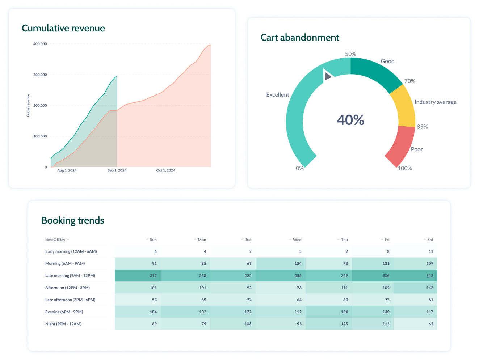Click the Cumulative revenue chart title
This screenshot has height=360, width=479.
pyautogui.click(x=63, y=28)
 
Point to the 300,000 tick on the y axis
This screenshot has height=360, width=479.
pyautogui.click(x=40, y=75)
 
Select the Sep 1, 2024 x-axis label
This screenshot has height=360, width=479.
pyautogui.click(x=117, y=170)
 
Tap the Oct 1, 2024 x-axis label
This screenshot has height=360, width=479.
pyautogui.click(x=165, y=170)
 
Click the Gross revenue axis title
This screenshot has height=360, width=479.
pyautogui.click(x=28, y=105)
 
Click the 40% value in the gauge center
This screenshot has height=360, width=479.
pyautogui.click(x=350, y=120)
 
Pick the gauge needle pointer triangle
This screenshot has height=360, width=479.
pyautogui.click(x=328, y=76)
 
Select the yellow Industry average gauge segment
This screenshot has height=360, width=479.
pyautogui.click(x=403, y=107)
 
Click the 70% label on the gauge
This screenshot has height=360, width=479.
pyautogui.click(x=410, y=81)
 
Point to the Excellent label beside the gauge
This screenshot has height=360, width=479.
pyautogui.click(x=278, y=95)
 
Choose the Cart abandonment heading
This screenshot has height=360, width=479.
pyautogui.click(x=300, y=38)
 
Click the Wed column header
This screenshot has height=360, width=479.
pyautogui.click(x=297, y=240)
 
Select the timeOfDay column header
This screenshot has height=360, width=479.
pyautogui.click(x=55, y=240)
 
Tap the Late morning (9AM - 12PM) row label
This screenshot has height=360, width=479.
pyautogui.click(x=70, y=276)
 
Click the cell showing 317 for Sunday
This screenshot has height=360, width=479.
pyautogui.click(x=153, y=276)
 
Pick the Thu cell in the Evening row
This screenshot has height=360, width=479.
pyautogui.click(x=344, y=312)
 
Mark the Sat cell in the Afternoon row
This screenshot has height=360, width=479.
pyautogui.click(x=429, y=288)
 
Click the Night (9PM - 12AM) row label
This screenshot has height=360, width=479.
pyautogui.click(x=63, y=324)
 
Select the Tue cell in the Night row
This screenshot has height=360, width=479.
pyautogui.click(x=248, y=324)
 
